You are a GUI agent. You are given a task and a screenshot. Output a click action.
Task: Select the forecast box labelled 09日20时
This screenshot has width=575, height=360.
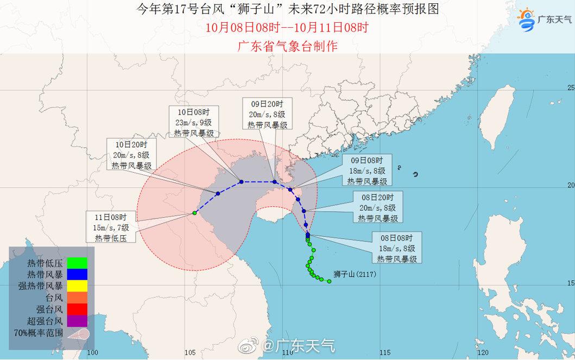point(267,113)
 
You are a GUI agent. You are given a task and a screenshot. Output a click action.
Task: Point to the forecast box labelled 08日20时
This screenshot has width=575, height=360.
point(378,207)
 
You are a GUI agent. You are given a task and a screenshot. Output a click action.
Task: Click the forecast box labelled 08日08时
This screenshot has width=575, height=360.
point(397,248)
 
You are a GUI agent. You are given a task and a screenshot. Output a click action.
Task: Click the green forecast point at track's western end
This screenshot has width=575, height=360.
point(194,213)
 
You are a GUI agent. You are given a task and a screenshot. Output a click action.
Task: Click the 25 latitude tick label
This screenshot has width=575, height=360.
point(570,87)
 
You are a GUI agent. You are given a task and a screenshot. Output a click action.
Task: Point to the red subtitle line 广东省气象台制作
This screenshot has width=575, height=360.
point(287,46)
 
